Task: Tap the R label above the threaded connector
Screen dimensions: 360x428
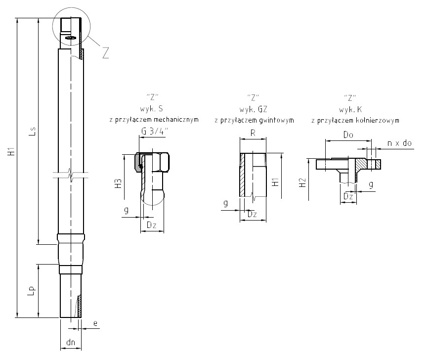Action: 253,133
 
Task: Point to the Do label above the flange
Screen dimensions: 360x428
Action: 348,135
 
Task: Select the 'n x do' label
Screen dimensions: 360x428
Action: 399,143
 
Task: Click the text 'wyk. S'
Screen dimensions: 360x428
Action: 153,108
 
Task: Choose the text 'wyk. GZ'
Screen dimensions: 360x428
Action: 254,108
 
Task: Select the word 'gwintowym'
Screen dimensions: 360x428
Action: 277,120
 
